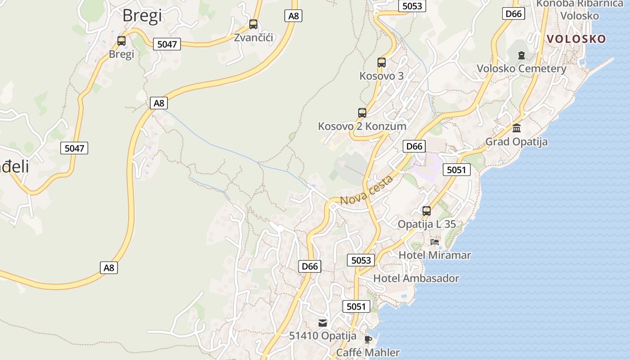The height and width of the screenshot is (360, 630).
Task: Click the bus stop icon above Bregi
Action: point(121,41)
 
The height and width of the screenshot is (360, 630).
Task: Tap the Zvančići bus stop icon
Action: point(253,24)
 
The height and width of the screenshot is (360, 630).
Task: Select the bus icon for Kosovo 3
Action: point(382,63)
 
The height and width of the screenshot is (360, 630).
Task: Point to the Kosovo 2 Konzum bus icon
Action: point(362,113)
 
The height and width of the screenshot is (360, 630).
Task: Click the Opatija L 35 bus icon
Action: point(427,211)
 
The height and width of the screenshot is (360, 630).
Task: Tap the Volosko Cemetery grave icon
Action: point(522,55)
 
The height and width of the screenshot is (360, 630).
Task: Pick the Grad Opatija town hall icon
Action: point(517,128)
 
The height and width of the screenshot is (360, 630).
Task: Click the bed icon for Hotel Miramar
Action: point(435,242)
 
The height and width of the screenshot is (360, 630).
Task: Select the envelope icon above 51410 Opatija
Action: point(323,323)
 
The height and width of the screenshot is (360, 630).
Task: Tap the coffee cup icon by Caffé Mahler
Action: point(368,339)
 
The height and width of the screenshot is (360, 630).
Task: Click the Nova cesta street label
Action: point(367,190)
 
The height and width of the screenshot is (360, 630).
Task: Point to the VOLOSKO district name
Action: point(576,39)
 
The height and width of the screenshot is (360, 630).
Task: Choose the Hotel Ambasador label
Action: point(416,279)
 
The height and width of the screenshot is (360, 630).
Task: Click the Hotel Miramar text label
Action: point(435,255)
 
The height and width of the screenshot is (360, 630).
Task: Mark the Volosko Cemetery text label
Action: point(521,69)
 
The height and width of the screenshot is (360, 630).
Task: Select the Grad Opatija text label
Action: point(516,142)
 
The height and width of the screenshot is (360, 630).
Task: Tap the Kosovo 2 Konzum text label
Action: point(362,126)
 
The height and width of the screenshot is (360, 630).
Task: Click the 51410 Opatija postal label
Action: point(323,336)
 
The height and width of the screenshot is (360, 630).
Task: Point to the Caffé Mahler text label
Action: point(368,352)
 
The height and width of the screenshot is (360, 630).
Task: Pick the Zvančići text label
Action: point(253,37)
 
